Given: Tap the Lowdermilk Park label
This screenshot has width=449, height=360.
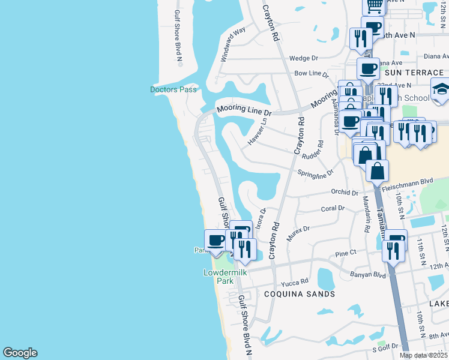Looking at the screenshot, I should [217, 277].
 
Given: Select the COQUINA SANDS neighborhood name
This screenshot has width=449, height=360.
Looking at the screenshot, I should [300, 294].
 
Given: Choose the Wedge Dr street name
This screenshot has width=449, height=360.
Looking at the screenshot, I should [303, 58].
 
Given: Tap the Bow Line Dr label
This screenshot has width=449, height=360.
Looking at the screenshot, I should [312, 74].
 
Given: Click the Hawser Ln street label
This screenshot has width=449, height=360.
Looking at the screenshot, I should [256, 131].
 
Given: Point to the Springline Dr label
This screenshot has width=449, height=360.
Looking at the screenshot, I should [315, 173].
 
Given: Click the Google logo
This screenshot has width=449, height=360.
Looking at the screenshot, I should [20, 353].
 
